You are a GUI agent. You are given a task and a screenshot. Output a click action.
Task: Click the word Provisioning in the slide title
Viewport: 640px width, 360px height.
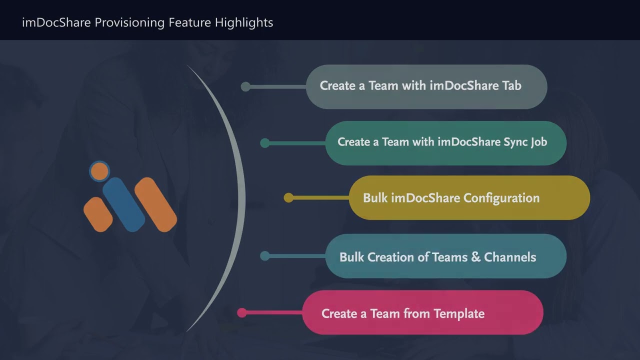coord(129,23)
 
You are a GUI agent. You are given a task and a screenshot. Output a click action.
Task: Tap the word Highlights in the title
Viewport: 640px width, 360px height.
coord(244,23)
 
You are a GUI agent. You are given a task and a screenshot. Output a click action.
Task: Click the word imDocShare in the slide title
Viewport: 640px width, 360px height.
coord(56,22)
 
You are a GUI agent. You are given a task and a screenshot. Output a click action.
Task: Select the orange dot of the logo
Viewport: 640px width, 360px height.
coord(99,171)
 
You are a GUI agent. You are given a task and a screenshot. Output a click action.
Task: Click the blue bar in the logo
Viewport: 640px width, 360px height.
coord(123,204)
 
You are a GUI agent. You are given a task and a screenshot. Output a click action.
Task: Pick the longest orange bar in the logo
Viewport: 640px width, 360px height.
coord(155,204)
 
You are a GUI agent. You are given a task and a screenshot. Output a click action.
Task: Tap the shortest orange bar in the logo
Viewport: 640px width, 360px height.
coord(98,214)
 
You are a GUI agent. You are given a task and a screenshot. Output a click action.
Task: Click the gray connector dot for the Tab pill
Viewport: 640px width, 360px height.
coord(245,86)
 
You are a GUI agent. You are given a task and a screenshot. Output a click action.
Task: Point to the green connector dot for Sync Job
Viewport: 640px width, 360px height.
coord(265,143)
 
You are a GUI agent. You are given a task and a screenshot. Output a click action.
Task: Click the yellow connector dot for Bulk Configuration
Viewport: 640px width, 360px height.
coord(288,197)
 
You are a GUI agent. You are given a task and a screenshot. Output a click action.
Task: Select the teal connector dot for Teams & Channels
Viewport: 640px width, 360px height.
coord(265,256)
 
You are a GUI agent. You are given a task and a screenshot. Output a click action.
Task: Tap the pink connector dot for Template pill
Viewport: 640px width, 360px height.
coord(242,312)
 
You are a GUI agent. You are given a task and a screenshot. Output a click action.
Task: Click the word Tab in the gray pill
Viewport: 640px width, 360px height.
coord(511,85)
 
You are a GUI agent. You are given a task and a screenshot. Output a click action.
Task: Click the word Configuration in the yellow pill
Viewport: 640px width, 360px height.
coord(501,198)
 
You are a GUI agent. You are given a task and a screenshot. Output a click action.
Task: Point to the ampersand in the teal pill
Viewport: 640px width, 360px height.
coord(475,257)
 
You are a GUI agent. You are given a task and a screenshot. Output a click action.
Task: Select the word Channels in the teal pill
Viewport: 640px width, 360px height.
coord(510,257)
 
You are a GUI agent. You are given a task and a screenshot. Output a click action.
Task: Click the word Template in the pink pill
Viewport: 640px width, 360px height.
coord(459,314)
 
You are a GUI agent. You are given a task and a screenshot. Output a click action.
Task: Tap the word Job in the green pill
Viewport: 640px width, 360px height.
coord(539,142)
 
